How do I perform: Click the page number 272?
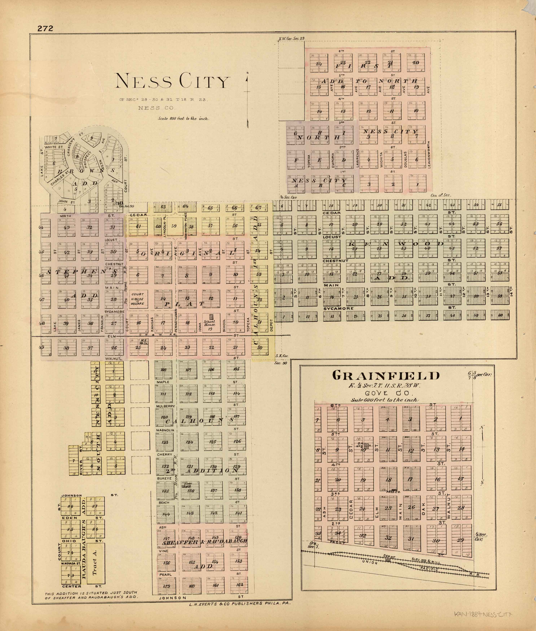(45, 28)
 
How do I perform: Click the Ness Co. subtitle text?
(156, 108)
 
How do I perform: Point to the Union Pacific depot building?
(388, 561)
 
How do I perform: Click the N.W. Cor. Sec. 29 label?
(292, 39)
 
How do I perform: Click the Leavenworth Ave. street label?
(428, 155)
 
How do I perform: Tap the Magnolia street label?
(165, 430)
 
